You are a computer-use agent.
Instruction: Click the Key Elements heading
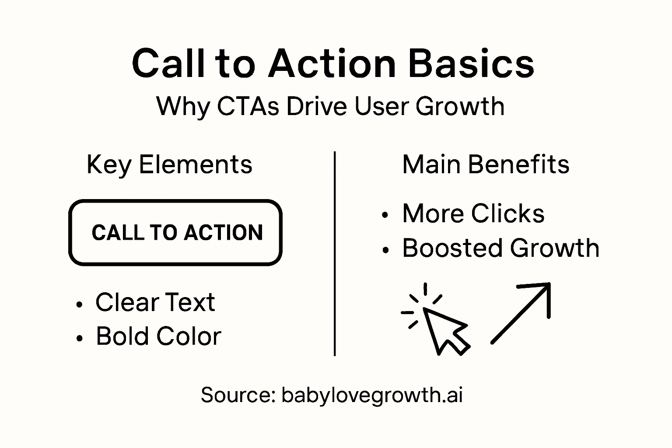tap(169, 165)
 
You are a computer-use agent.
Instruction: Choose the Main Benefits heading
tap(486, 165)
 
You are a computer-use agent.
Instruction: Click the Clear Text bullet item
tap(155, 302)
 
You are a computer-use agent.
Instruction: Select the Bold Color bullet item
tap(158, 336)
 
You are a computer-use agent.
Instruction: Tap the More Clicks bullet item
tap(473, 214)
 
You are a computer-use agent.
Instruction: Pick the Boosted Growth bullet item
tap(500, 248)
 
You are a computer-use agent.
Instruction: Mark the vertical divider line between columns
tap(335, 254)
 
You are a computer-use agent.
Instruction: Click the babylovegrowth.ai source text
tap(372, 395)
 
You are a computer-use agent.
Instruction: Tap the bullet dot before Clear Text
tap(79, 304)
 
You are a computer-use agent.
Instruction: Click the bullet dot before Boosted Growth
tap(385, 250)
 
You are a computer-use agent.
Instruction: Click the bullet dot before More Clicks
tap(385, 215)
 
